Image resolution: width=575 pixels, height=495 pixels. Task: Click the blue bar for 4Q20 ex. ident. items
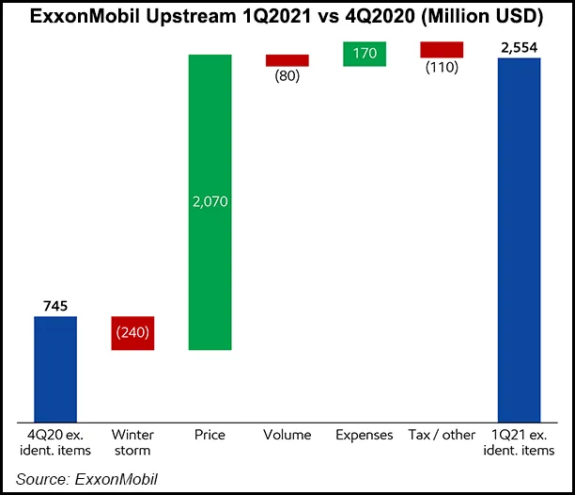point(55,368)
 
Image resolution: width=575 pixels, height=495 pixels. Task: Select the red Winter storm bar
point(132,333)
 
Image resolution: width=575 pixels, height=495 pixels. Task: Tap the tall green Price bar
point(210,201)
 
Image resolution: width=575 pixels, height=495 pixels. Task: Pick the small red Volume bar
point(287,60)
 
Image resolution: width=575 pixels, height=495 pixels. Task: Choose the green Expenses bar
point(364,55)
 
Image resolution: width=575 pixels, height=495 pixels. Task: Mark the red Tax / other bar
point(441,50)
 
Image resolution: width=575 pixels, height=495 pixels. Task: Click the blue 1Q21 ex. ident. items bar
point(519,239)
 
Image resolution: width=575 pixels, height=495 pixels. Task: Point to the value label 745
point(55,306)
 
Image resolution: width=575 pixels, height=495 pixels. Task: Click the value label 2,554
point(519,47)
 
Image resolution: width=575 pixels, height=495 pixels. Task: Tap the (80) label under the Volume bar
point(287,76)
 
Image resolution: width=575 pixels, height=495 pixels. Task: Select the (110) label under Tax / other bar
point(441,68)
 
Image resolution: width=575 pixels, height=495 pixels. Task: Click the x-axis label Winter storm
point(132,442)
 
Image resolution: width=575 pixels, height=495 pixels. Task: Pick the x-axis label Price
point(210,435)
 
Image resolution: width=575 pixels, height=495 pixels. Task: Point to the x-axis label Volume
point(287,435)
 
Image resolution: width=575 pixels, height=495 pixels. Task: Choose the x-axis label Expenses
point(364,435)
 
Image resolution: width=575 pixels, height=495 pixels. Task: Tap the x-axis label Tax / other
point(441,435)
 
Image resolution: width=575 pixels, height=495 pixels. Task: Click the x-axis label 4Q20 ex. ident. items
point(55,442)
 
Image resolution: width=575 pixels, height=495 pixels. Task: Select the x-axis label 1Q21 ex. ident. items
point(519,442)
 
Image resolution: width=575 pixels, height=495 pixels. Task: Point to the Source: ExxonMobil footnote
point(86,479)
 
